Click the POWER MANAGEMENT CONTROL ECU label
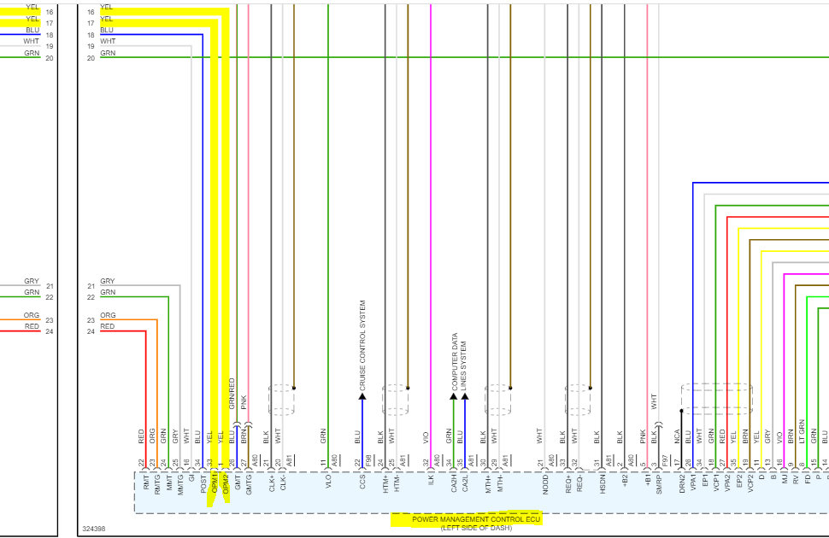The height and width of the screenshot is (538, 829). pos(467,519)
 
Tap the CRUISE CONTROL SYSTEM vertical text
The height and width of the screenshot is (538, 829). pos(362,346)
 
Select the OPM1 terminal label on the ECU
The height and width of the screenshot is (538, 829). pos(215,487)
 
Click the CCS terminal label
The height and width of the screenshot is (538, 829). pos(362,484)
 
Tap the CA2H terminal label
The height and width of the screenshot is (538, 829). pos(454,486)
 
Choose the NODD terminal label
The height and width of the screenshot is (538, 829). pos(545,486)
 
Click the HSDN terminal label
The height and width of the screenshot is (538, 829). pos(603,486)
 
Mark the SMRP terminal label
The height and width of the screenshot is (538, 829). pos(659,486)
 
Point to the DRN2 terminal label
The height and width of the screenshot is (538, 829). pos(682,486)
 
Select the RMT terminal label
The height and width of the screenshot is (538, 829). pos(146,485)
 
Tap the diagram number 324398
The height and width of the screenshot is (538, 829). pos(93,529)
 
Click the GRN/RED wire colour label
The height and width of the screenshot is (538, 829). pos(232,395)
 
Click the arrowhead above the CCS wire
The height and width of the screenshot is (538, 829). pos(362,397)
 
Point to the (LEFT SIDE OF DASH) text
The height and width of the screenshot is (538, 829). pos(467,529)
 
